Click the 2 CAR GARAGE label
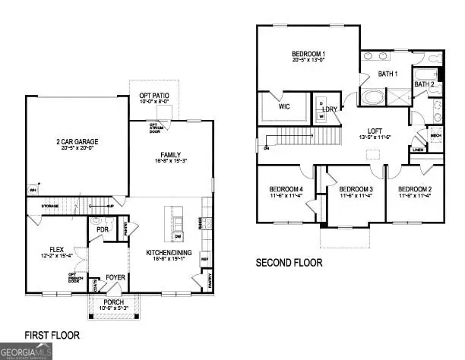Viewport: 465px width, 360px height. [x=75, y=142]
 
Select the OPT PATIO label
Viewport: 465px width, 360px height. [x=153, y=93]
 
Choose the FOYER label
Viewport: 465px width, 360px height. [x=114, y=278]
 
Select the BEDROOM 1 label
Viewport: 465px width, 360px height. [x=309, y=53]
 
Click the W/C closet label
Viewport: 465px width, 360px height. [x=285, y=107]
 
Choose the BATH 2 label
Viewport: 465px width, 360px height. [x=423, y=84]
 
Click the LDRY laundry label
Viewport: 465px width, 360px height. [x=329, y=110]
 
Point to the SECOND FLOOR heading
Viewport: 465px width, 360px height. [x=289, y=262]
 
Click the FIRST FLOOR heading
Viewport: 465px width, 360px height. [x=52, y=334]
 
